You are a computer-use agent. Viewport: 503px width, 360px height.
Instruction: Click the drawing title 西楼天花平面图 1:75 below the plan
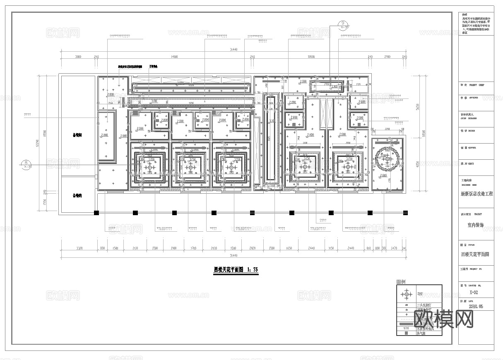coord(236,270)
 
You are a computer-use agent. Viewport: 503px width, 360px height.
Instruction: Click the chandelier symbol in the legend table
coord(406,294)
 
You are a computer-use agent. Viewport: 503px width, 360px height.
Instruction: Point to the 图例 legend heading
coord(401,282)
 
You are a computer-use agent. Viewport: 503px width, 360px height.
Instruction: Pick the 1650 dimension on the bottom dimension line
coord(289,248)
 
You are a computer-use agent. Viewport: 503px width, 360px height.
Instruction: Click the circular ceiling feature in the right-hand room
coord(388,158)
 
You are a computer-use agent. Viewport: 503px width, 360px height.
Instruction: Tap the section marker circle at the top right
coord(343,24)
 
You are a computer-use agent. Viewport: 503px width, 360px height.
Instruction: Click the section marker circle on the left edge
coord(26,164)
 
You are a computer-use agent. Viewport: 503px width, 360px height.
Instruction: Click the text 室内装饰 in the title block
coord(475,225)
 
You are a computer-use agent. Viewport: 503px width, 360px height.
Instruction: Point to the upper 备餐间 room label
coord(77,135)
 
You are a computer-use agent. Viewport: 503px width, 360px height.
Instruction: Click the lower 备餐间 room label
coord(77,196)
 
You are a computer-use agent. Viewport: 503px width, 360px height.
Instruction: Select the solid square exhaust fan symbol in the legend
coord(406,333)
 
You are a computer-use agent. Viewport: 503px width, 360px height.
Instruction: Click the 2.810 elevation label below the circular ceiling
coord(384,176)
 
